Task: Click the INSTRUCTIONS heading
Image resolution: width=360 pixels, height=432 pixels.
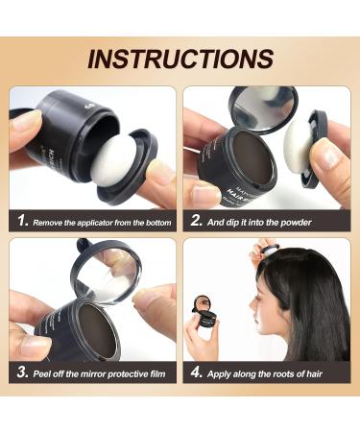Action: pyautogui.click(x=180, y=59)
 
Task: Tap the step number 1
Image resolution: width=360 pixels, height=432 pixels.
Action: pyautogui.click(x=22, y=221)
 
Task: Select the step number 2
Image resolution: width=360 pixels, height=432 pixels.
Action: pyautogui.click(x=196, y=221)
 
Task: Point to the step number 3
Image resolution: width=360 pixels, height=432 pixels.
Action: pyautogui.click(x=23, y=372)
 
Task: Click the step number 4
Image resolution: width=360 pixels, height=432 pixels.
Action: pyautogui.click(x=196, y=372)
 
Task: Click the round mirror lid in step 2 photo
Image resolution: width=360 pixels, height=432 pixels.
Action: pyautogui.click(x=264, y=108)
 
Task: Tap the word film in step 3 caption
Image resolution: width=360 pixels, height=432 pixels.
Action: pyautogui.click(x=157, y=373)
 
